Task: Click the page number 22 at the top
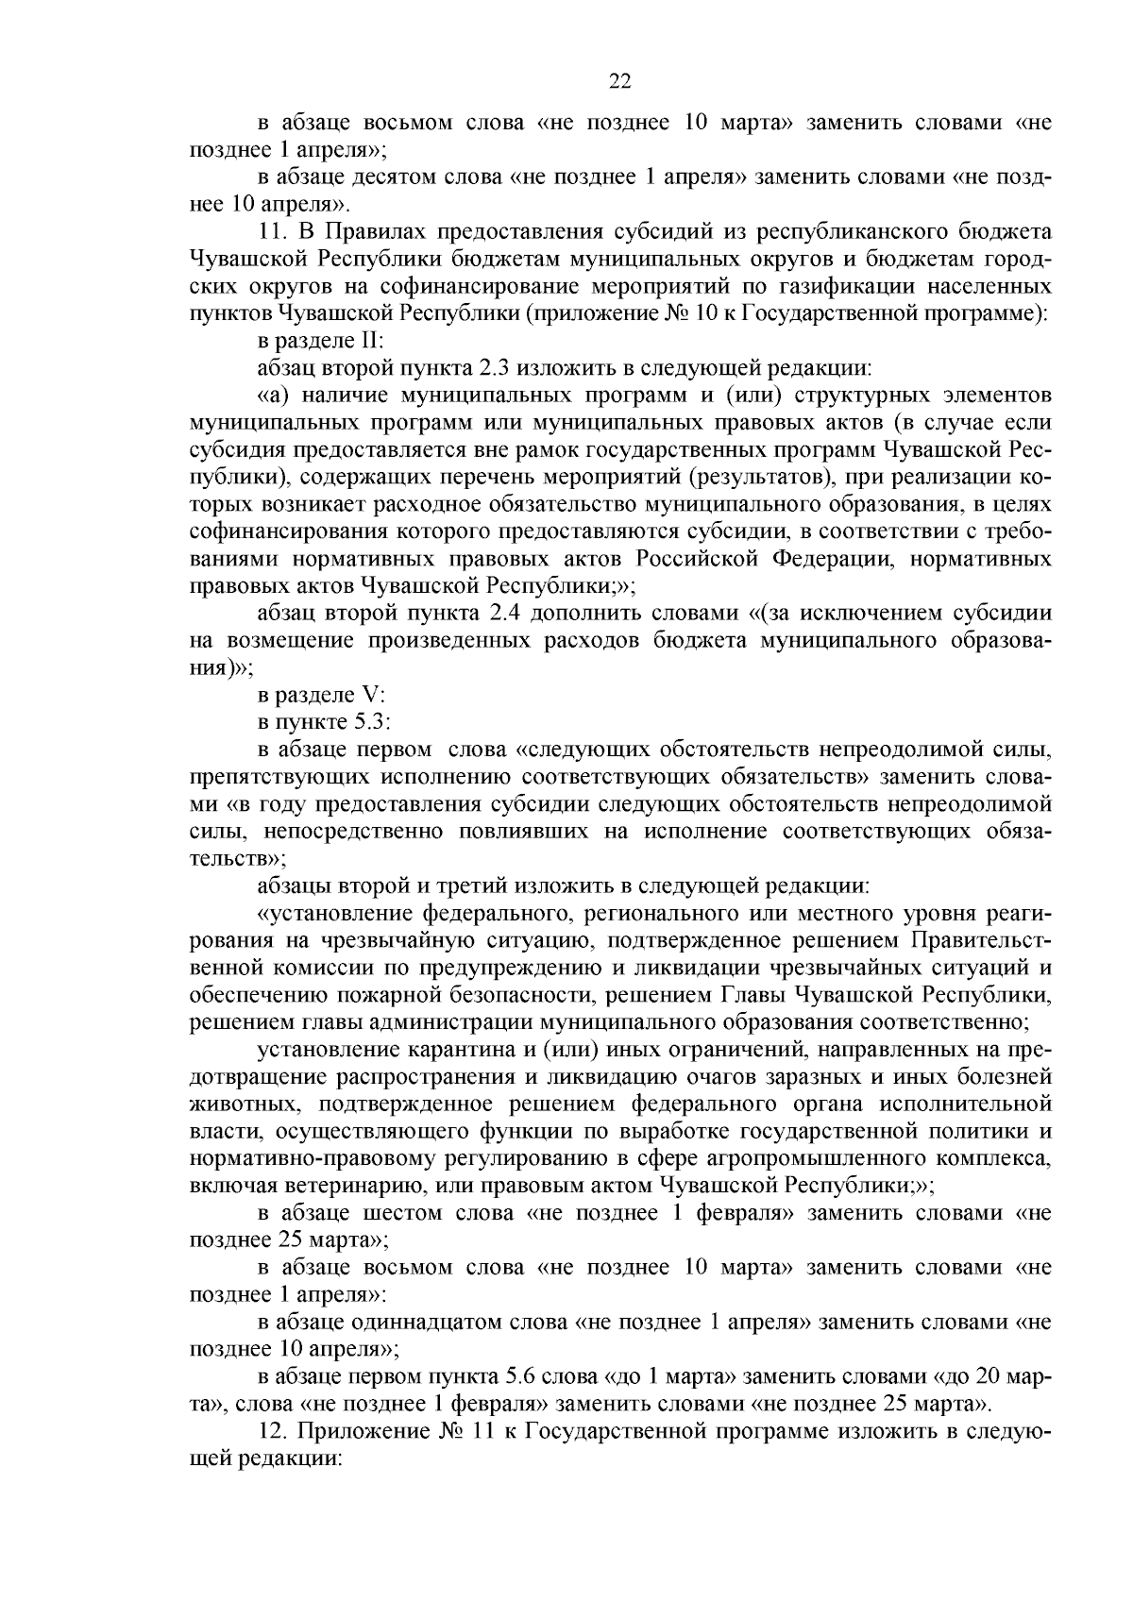coord(619,81)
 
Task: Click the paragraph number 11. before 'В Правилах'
coord(270,231)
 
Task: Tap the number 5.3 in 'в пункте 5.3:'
coord(368,723)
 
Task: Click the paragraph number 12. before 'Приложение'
coord(272,1432)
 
